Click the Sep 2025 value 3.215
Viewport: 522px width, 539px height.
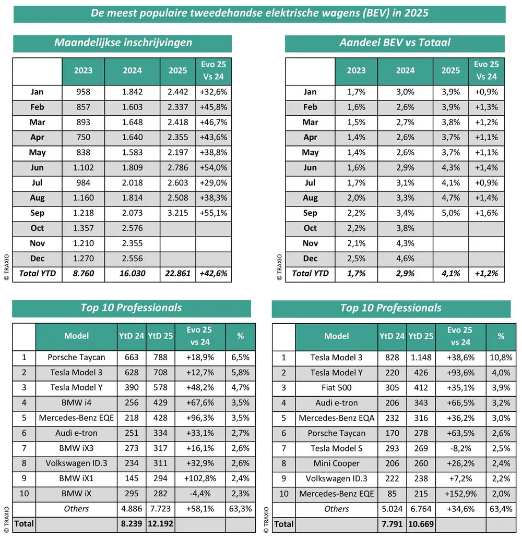coord(177,213)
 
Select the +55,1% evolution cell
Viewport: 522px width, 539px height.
coord(213,213)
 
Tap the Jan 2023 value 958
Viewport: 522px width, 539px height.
coord(83,92)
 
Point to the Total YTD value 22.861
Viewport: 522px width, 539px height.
coord(177,274)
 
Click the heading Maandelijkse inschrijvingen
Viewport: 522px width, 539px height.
coord(123,43)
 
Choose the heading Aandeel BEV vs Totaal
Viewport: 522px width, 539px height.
coord(395,43)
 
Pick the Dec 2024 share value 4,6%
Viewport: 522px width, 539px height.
coord(405,259)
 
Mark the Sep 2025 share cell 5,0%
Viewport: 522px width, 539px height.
coord(450,213)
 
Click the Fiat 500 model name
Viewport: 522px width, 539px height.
coord(336,388)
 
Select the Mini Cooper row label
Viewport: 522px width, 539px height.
coord(336,463)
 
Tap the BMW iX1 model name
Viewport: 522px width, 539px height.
coord(76,479)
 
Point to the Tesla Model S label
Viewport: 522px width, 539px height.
coord(336,448)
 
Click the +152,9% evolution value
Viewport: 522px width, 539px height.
coord(460,494)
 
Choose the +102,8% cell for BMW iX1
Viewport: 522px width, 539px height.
coord(200,479)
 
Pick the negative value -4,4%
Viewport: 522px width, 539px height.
coord(200,494)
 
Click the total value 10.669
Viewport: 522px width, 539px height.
coord(420,524)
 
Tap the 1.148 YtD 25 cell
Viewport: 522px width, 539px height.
coord(420,358)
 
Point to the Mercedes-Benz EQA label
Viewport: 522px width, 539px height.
coord(336,418)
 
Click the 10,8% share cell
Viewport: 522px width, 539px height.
coord(501,358)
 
